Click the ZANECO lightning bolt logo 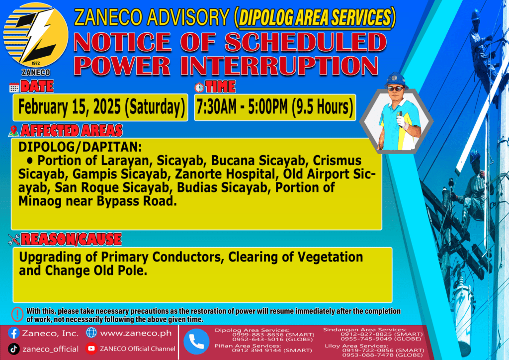pos(36,35)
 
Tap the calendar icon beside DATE pos(14,88)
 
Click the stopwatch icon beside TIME pos(199,88)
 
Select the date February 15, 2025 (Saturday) pos(101,107)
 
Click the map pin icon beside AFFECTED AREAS pos(13,131)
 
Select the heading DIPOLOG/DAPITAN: pos(80,147)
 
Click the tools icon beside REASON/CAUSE pos(14,240)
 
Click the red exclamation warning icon pos(17,314)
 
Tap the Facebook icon pos(14,333)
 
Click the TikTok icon pos(13,349)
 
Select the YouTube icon pos(91,348)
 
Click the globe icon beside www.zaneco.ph pos(91,333)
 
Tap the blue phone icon pos(196,342)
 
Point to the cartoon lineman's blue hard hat pos(395,80)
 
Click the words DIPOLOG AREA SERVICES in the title pos(315,17)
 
